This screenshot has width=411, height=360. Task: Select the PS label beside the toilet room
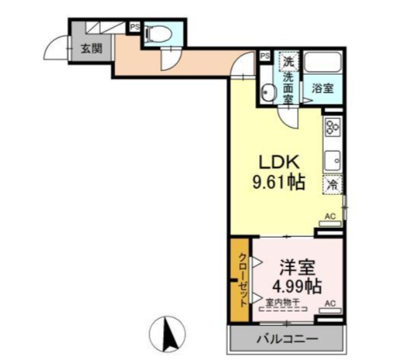click(135, 27)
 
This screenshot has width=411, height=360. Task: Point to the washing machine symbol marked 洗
click(288, 62)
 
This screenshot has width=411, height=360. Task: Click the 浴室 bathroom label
click(323, 88)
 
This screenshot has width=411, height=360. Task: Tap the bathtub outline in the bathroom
click(323, 64)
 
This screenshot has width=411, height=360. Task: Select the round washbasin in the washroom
click(268, 94)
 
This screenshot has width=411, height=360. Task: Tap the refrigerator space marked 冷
click(333, 184)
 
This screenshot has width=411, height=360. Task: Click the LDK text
click(280, 163)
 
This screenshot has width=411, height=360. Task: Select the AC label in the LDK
click(330, 217)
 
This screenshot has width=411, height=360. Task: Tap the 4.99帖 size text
click(296, 287)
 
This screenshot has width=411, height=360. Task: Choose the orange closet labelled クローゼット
click(241, 281)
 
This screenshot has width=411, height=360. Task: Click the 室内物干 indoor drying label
click(283, 302)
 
